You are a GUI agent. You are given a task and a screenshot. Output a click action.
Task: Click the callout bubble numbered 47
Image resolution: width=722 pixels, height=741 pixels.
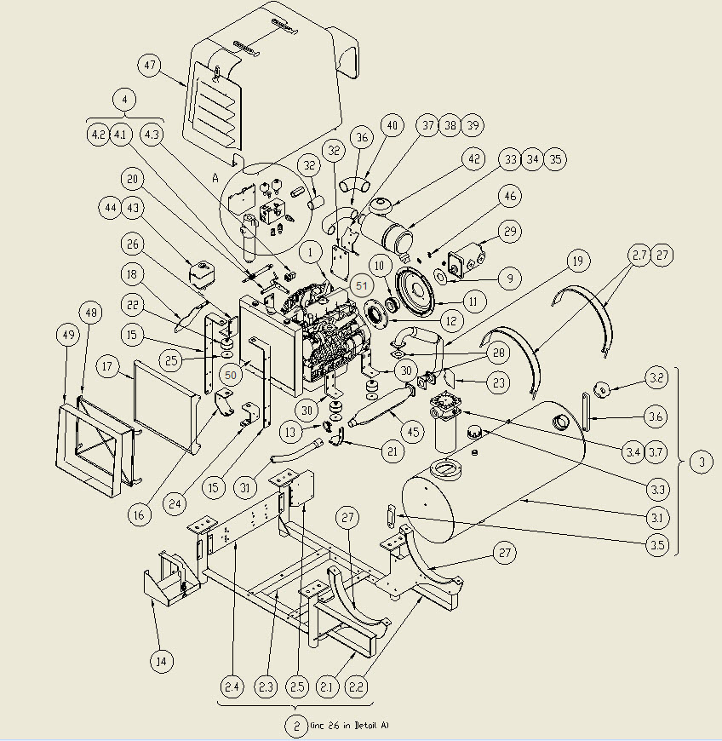click(151, 66)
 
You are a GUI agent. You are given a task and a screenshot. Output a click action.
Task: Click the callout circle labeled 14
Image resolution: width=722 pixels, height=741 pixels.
click(160, 660)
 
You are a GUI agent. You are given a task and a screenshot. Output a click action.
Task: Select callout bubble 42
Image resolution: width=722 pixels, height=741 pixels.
click(473, 159)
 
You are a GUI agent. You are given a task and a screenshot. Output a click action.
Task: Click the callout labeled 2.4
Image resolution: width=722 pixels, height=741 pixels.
click(232, 686)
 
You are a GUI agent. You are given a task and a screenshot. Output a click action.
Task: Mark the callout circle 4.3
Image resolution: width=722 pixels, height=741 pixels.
click(152, 134)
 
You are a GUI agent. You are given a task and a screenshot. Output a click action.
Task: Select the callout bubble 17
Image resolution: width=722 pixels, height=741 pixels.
click(107, 368)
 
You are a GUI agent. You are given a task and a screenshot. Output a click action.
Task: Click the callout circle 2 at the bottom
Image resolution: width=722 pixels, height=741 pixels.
click(295, 726)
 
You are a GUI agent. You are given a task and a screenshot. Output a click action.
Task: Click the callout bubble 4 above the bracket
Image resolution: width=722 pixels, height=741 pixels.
click(125, 100)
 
